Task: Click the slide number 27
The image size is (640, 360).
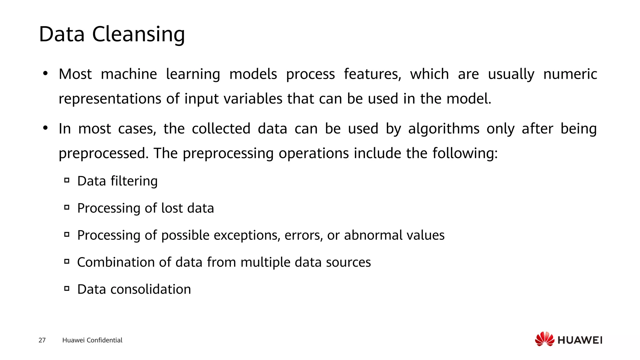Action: pos(42,340)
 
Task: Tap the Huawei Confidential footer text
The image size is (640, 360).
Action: pos(92,340)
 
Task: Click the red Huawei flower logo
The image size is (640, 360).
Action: pos(544,339)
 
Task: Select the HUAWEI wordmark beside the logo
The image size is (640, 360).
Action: pos(580,340)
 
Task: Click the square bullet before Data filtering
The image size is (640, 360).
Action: pos(67,180)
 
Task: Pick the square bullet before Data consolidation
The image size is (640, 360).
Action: pos(67,288)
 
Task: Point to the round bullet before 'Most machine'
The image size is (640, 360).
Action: pos(46,74)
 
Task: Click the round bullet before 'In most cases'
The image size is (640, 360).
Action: pos(46,128)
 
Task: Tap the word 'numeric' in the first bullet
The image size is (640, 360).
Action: pos(570,74)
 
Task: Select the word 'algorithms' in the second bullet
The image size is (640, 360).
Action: pos(444,129)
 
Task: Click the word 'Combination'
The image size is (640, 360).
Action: pos(116,262)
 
